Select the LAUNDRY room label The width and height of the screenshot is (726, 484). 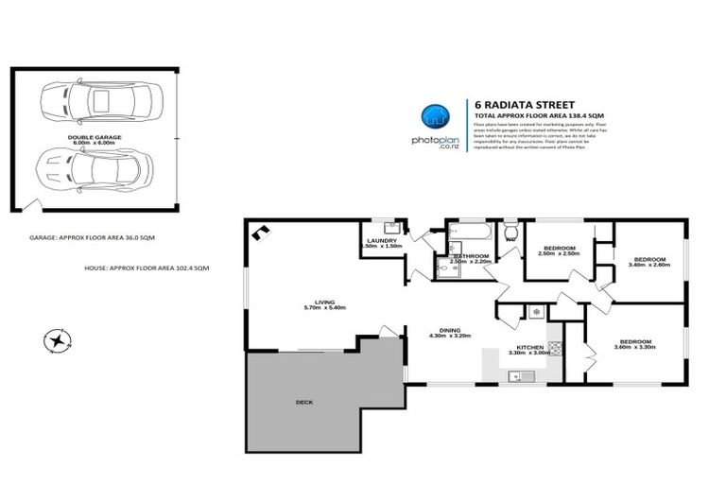point(382,240)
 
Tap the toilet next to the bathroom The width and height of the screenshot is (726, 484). point(510,230)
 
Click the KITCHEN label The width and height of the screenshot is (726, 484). point(529,347)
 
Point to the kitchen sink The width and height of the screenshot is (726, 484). point(520,376)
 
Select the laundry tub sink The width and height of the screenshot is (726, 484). point(389,227)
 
